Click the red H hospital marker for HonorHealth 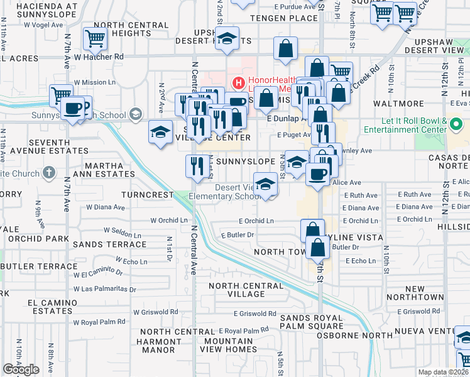coord(238,82)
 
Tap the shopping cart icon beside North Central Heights coord(95,39)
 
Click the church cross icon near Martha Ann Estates coord(50,172)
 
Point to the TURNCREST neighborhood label coord(147,195)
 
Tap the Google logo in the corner coord(21,369)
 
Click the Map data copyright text coord(442,372)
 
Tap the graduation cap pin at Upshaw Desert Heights coord(227,37)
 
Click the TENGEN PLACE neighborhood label coord(284,18)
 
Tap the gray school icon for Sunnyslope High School coord(134,114)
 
